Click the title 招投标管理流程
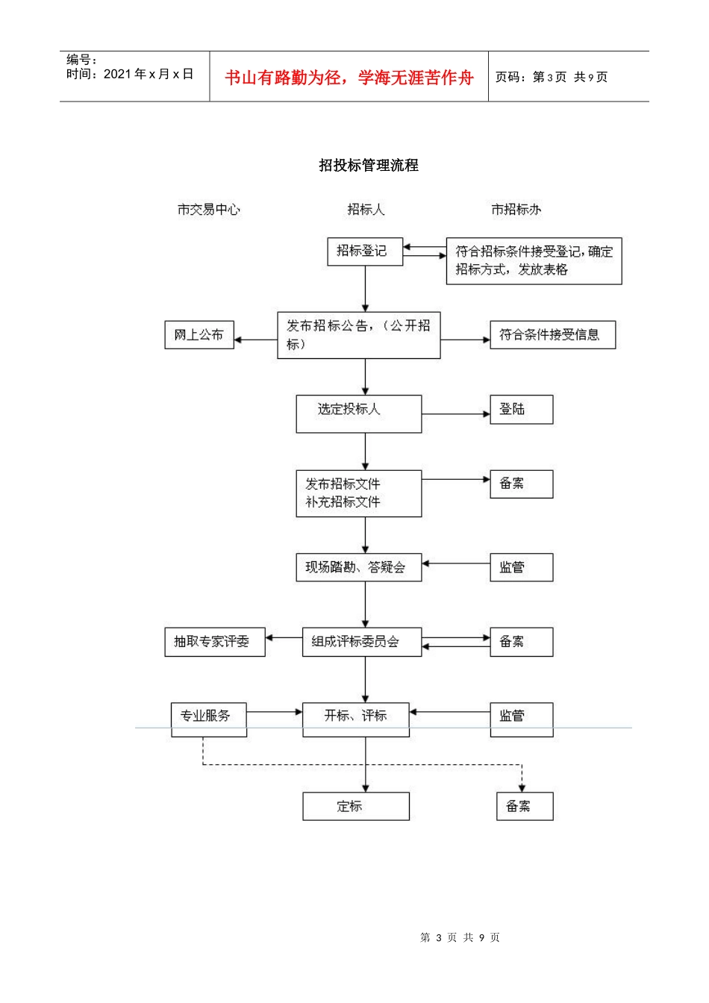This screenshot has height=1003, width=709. [369, 166]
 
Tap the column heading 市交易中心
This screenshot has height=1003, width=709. [209, 210]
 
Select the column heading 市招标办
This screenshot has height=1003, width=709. [516, 210]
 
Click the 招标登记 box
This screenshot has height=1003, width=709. [365, 251]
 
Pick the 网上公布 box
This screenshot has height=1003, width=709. [199, 334]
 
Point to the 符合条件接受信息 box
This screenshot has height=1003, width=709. [552, 334]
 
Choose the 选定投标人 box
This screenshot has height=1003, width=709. [358, 413]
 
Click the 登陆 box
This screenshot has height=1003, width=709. [521, 409]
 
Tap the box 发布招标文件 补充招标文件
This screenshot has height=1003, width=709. [358, 493]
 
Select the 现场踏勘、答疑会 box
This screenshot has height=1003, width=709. [358, 567]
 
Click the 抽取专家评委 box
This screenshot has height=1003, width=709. [215, 642]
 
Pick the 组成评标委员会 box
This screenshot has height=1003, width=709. [361, 642]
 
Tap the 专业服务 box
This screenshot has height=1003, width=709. [208, 719]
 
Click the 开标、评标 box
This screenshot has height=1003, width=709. [356, 719]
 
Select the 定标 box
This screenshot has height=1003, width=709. [356, 806]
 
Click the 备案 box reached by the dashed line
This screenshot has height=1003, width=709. [525, 806]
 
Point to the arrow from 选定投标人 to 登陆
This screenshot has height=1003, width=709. [455, 413]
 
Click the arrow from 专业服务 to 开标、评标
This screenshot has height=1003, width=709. [274, 712]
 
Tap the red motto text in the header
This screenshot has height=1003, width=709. [349, 78]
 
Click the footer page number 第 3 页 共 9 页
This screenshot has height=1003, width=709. [460, 937]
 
